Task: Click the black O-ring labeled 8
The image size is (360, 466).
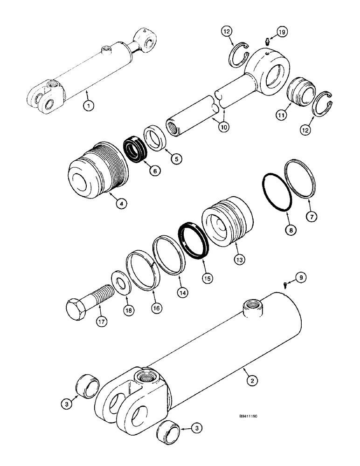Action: click(x=277, y=193)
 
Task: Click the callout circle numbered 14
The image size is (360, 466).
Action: click(x=180, y=292)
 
